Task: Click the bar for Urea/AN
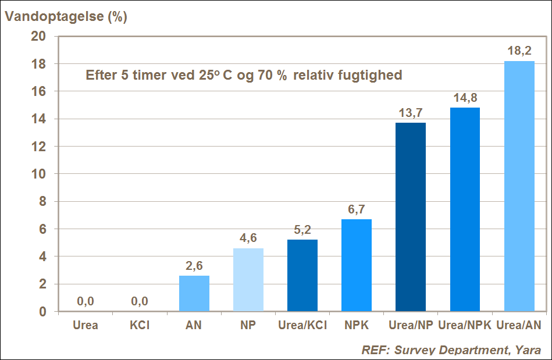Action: (519, 186)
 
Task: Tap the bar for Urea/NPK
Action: (465, 209)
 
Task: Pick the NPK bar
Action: (357, 265)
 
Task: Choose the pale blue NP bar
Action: (248, 280)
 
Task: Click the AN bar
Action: (194, 293)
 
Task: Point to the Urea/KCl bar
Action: (302, 275)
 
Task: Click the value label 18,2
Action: (519, 51)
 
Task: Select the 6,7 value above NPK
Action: (357, 209)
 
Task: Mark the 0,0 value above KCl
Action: (140, 301)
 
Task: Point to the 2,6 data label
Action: (194, 266)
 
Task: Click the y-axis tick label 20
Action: (38, 36)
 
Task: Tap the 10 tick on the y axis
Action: (38, 174)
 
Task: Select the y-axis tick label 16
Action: (38, 91)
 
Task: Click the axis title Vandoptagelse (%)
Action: (66, 16)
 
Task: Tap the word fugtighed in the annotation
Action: (372, 76)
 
